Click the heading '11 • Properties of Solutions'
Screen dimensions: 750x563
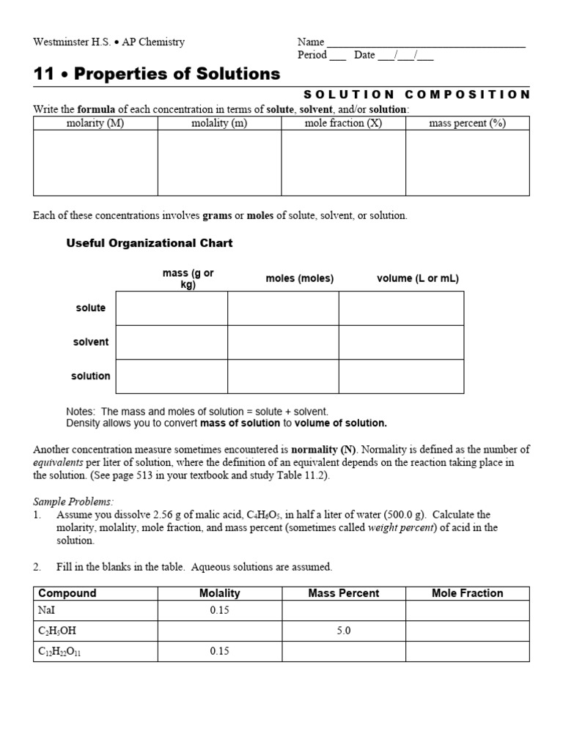157,74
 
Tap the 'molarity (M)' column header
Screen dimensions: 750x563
95,123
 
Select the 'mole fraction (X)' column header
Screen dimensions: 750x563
343,123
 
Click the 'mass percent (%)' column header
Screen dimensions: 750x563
467,123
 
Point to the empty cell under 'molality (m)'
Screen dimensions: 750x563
219,163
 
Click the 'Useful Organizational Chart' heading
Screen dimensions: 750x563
150,243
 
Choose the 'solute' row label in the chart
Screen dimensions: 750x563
90,308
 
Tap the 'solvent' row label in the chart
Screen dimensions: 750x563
90,342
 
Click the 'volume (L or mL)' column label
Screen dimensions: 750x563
418,278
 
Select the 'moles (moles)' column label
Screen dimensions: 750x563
299,278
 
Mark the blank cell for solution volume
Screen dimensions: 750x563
401,376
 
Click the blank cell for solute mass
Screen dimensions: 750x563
172,308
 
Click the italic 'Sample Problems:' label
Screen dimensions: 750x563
73,502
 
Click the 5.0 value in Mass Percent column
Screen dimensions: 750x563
344,631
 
